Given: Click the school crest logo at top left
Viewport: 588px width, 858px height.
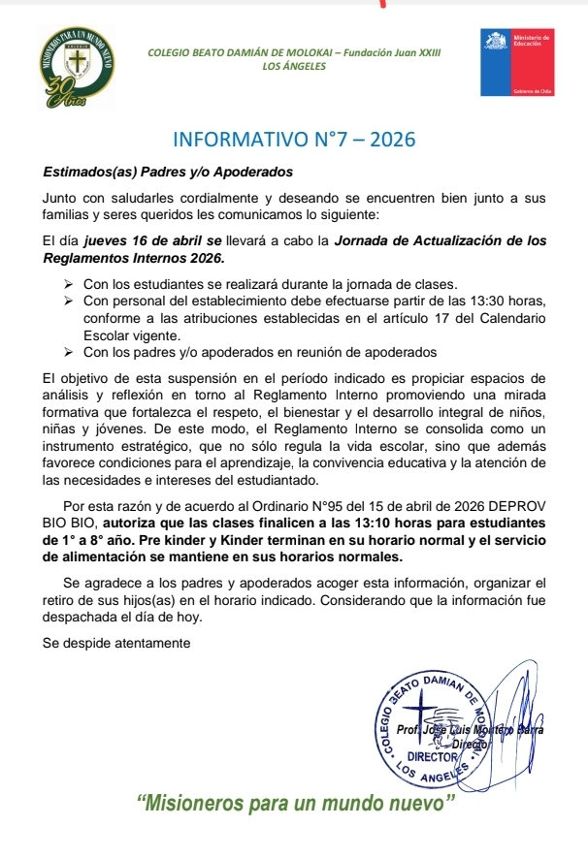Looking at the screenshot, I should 76,66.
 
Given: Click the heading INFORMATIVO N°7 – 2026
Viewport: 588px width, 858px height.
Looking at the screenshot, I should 293,139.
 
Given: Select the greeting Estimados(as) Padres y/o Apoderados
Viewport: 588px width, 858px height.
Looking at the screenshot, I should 168,172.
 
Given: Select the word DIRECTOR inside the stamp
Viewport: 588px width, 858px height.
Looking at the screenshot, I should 432,754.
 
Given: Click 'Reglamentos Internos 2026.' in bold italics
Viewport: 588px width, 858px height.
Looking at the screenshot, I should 134,258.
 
